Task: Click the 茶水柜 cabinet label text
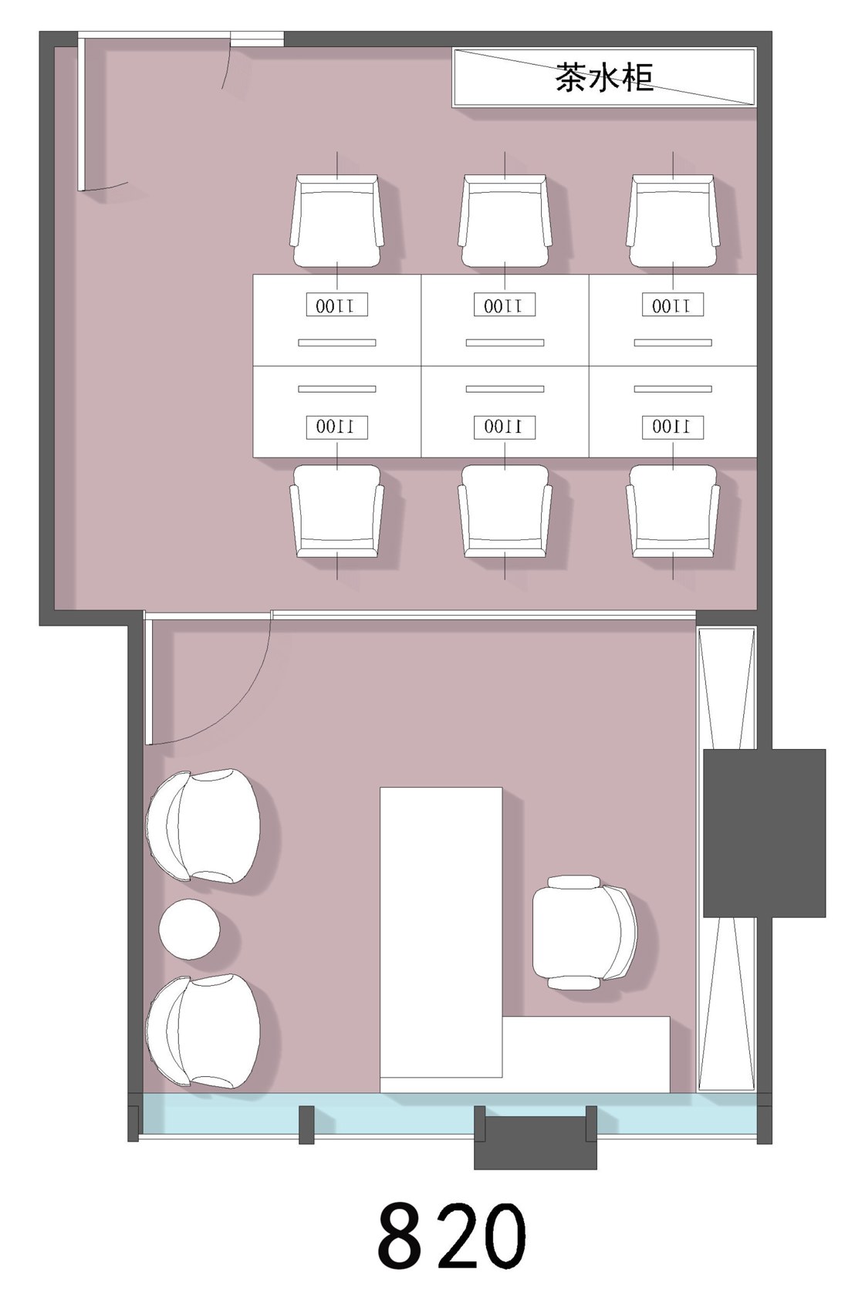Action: [x=604, y=77]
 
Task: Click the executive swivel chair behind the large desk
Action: [x=584, y=933]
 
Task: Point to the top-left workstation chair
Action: [x=337, y=221]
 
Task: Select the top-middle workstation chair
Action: [x=505, y=221]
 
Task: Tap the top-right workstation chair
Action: [x=673, y=221]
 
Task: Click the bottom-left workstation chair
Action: [x=337, y=511]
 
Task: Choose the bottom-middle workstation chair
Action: [x=505, y=511]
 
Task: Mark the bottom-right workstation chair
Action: [x=673, y=511]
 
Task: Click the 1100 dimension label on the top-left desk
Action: [x=337, y=305]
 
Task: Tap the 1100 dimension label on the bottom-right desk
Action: [x=673, y=427]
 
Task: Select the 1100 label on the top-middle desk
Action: [x=505, y=305]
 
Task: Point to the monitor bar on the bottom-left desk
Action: [x=337, y=389]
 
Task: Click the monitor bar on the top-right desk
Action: [x=673, y=343]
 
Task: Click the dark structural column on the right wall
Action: [x=764, y=833]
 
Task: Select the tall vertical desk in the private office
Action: [x=441, y=932]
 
